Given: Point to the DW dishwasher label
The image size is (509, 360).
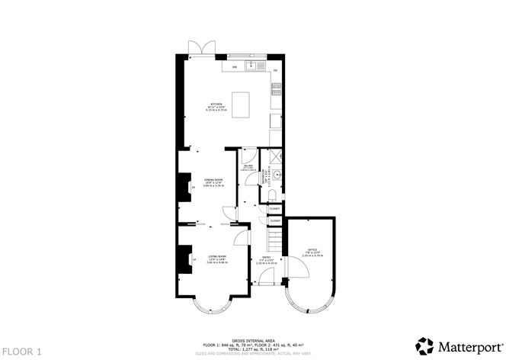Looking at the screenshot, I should [234, 68].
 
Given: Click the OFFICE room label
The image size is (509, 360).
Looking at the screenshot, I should [312, 250].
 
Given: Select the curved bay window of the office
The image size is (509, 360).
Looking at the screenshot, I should [309, 308].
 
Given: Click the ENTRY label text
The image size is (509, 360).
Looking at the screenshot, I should [266, 259].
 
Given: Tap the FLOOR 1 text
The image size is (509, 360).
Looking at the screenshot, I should [22, 350].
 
